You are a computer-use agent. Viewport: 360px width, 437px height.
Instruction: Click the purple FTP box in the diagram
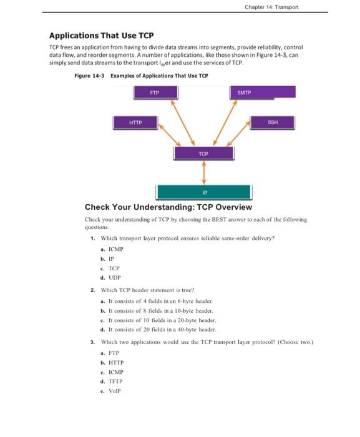click(155, 92)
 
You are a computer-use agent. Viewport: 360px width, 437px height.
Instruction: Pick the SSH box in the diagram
click(272, 122)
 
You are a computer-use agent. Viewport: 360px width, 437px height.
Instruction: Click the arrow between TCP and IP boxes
click(203, 173)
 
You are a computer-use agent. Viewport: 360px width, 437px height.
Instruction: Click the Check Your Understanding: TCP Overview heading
click(168, 207)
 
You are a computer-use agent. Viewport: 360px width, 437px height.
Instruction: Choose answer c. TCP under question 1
click(110, 268)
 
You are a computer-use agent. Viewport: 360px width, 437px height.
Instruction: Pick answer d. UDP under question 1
click(110, 277)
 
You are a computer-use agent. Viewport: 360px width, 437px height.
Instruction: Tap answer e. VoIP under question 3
click(110, 391)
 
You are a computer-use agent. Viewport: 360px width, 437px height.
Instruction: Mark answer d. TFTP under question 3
click(112, 381)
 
